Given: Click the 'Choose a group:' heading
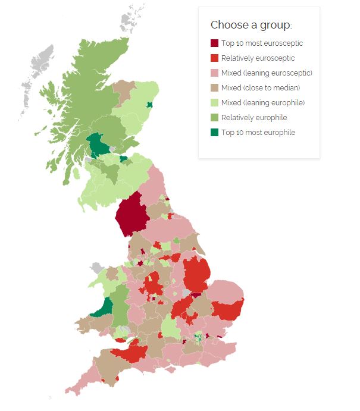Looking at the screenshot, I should [251, 25].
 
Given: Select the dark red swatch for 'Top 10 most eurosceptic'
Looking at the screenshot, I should [214, 43].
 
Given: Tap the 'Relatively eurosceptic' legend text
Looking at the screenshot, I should [258, 58].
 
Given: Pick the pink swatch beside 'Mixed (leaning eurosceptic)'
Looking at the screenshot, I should [214, 73].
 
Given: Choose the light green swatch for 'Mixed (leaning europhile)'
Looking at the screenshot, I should [214, 103].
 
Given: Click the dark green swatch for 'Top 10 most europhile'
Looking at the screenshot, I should [214, 133].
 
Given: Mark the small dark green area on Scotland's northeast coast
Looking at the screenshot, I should [149, 105].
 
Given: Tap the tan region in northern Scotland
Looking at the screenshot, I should [124, 89].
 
